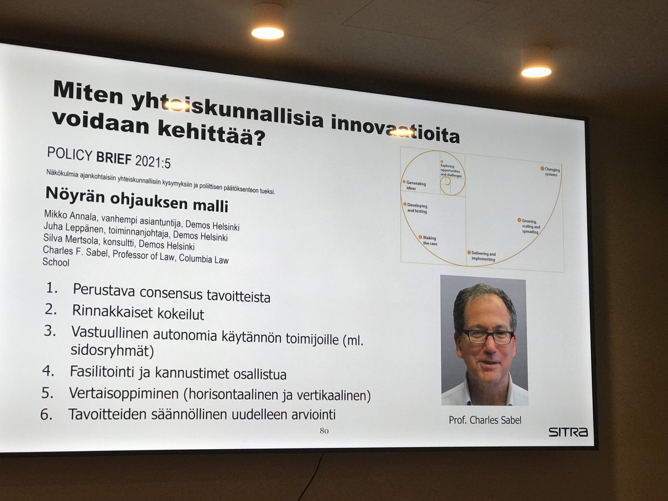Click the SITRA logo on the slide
[568, 431]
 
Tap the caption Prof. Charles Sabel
[485, 420]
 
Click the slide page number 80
[324, 431]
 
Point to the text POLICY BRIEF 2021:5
[109, 156]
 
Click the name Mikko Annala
[65, 216]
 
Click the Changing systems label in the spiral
[551, 171]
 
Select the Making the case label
[430, 240]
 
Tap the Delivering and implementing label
[483, 256]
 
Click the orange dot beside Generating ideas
[404, 182]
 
